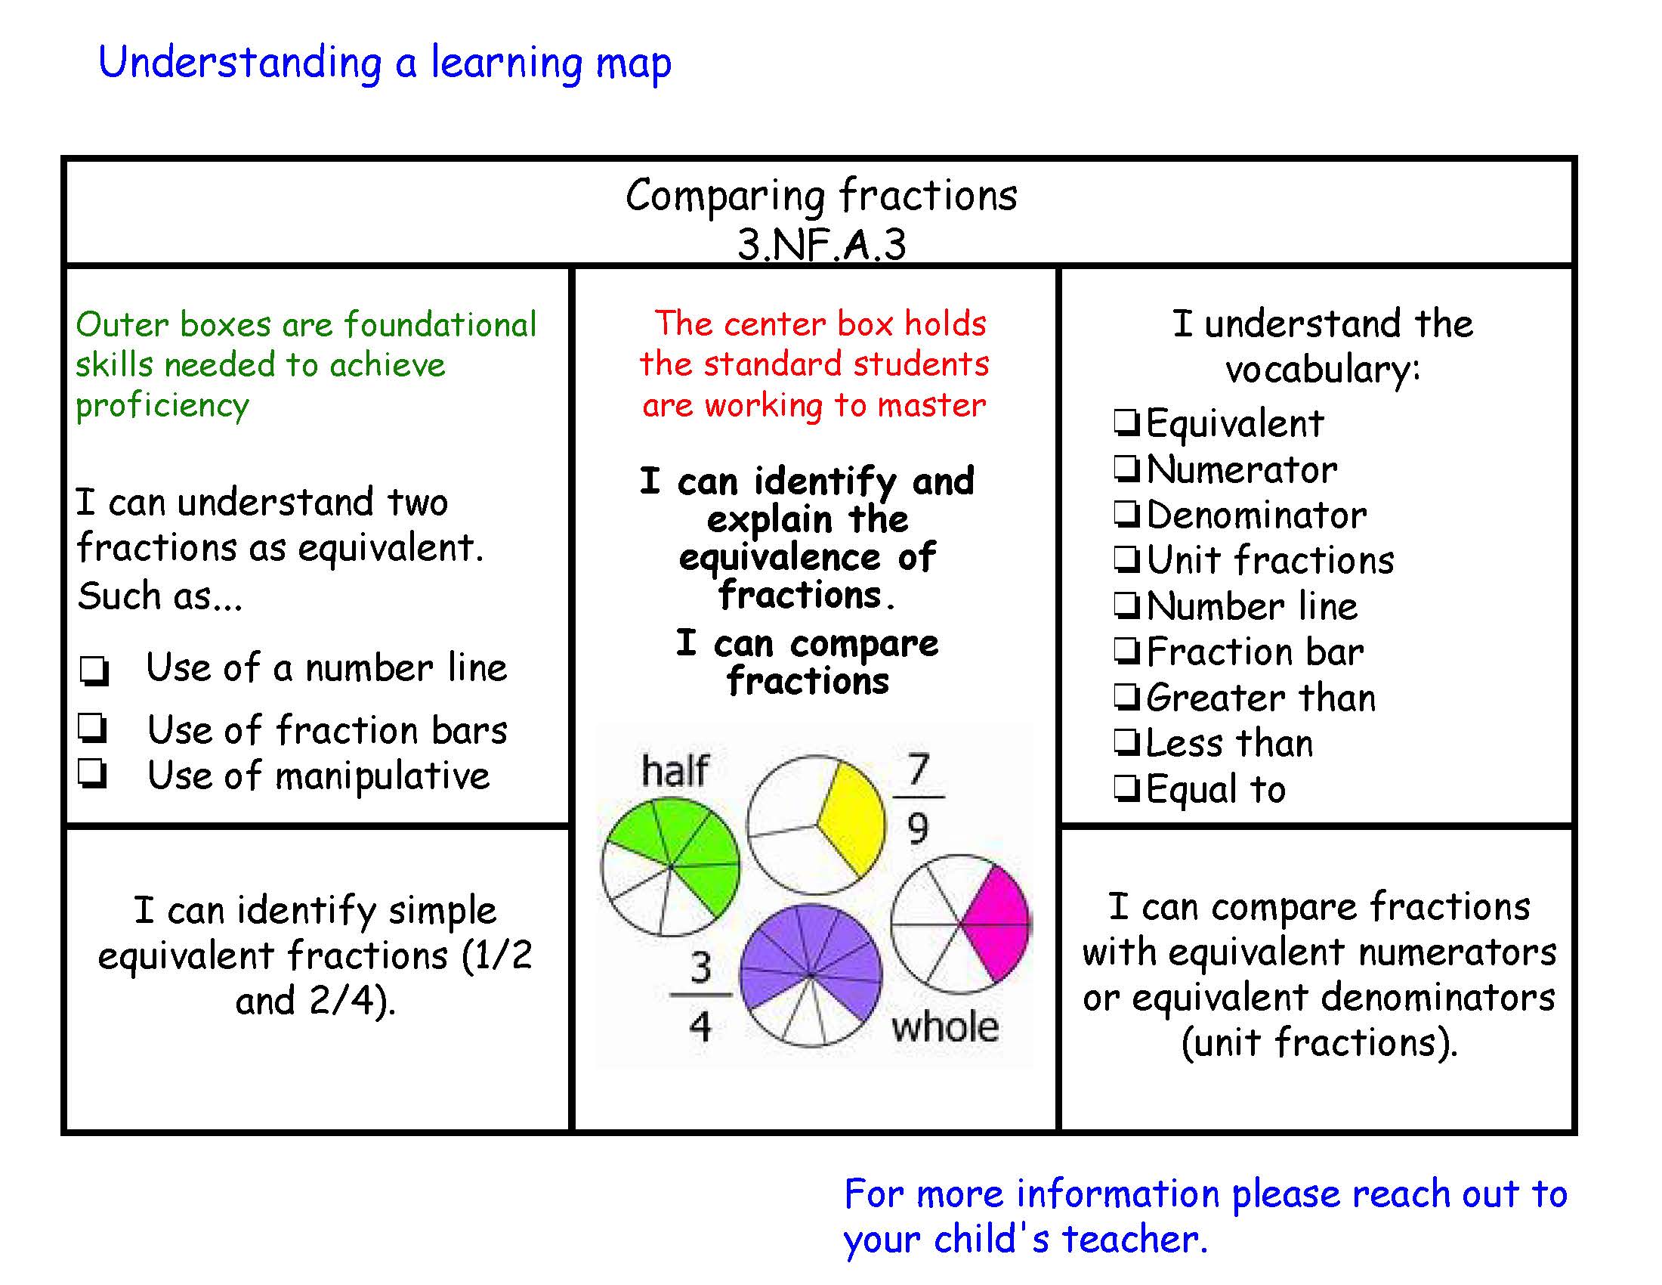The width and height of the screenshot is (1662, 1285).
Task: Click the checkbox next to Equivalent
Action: (1127, 423)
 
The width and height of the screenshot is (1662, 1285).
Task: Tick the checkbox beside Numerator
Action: (1127, 468)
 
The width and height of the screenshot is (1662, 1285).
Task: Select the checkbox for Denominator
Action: (1127, 514)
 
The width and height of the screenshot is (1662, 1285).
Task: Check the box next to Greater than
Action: (1127, 697)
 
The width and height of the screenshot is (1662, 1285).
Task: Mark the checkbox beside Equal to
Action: (1127, 788)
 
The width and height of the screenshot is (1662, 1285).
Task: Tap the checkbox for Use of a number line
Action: (95, 670)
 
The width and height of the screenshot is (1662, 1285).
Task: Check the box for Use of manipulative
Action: (92, 774)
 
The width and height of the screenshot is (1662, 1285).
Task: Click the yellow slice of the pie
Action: (850, 819)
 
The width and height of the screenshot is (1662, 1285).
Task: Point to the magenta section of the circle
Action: (997, 923)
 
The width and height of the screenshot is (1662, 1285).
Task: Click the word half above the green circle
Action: (675, 770)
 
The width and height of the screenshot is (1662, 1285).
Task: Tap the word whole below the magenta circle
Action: (945, 1027)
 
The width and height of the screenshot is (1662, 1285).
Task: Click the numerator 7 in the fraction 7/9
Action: (919, 769)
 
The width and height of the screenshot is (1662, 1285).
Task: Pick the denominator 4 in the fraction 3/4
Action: (700, 1026)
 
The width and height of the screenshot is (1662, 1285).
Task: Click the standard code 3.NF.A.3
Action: (822, 244)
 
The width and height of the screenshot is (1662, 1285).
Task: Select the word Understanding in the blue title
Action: (239, 63)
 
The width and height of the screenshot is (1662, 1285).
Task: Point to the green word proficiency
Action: (162, 405)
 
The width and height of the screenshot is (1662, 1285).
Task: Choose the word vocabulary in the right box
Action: (1323, 370)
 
